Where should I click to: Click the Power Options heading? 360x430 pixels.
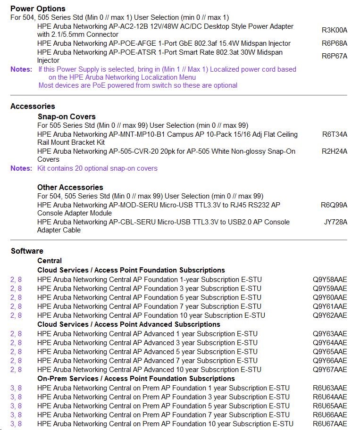coord(38,8)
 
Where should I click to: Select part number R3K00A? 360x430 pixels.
coord(334,30)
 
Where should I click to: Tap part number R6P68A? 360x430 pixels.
coord(334,43)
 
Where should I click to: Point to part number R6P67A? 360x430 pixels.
coord(334,56)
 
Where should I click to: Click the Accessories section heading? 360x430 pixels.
coord(33,106)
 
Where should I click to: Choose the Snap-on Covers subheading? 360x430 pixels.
coord(67,116)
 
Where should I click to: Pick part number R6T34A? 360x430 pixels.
coord(335,134)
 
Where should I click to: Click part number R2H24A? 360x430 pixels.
coord(335,151)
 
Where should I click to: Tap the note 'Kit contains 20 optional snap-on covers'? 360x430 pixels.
coord(98,168)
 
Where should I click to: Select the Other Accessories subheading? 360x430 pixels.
coord(70,187)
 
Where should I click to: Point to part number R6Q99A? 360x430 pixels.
coord(334,205)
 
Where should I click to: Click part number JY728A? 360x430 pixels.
coord(335,222)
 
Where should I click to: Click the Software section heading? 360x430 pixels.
coord(27,251)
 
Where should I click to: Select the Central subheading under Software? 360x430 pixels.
coord(50,261)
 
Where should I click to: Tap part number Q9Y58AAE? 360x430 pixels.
coord(329,280)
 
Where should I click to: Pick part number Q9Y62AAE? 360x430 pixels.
coord(329,315)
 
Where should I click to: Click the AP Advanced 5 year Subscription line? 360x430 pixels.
coord(147,352)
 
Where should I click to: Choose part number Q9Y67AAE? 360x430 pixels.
coord(329,370)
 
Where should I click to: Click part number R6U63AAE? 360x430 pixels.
coord(329,388)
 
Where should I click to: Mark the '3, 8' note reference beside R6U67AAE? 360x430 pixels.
coord(16,424)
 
